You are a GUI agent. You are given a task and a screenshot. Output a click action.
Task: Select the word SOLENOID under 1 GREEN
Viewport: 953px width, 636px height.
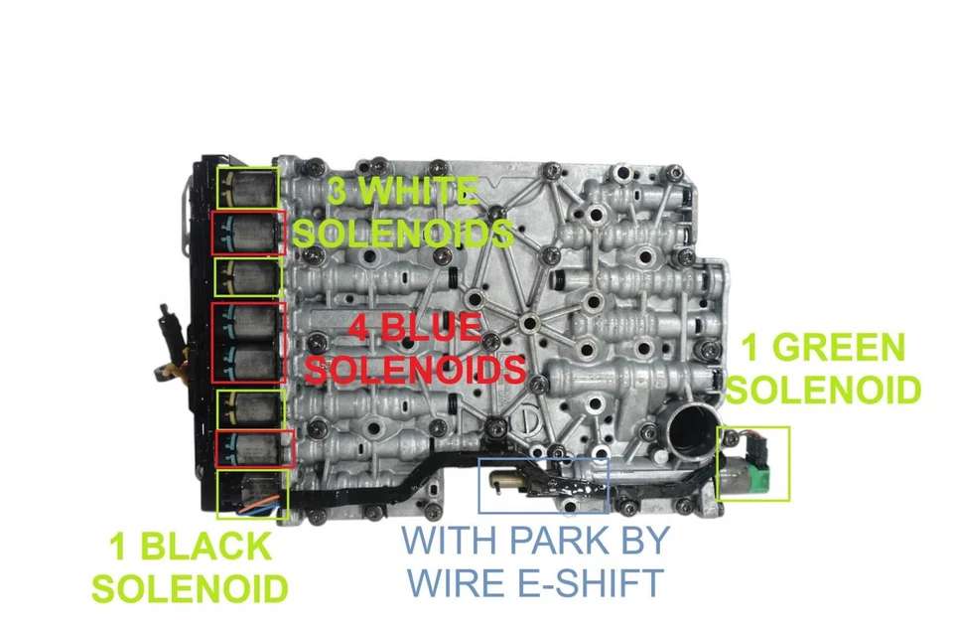tap(824, 390)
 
